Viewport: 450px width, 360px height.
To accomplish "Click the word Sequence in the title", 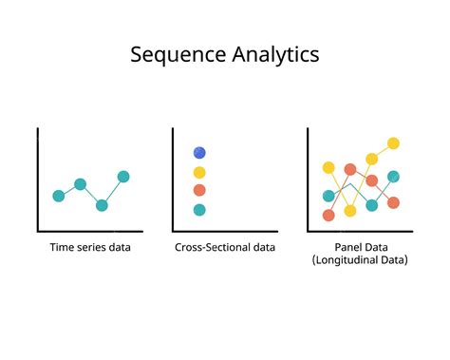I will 176,54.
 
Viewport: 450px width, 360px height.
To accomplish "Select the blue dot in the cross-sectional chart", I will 199,152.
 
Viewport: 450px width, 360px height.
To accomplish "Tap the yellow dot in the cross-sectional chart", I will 199,172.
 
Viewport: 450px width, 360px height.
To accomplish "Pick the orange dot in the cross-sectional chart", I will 199,190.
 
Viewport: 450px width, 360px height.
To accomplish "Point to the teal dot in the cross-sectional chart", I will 199,209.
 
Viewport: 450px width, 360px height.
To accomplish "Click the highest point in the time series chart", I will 123,177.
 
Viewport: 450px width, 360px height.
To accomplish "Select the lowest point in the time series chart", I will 102,205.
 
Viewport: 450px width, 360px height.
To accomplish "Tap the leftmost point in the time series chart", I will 59,195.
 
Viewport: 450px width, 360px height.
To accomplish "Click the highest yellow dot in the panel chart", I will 393,143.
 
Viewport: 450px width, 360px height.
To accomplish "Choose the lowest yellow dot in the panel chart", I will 350,211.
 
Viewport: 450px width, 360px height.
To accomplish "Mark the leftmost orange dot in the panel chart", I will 328,215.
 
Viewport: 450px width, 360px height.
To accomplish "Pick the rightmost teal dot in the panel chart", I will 393,177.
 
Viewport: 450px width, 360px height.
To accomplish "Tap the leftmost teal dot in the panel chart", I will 328,196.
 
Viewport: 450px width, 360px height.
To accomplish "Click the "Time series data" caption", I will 91,248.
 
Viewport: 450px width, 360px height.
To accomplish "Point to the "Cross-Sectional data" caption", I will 225,248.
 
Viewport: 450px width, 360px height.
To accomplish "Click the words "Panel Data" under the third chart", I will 360,248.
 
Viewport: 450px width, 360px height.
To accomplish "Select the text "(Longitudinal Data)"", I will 360,260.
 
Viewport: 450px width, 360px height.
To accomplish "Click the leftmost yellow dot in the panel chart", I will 328,167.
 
